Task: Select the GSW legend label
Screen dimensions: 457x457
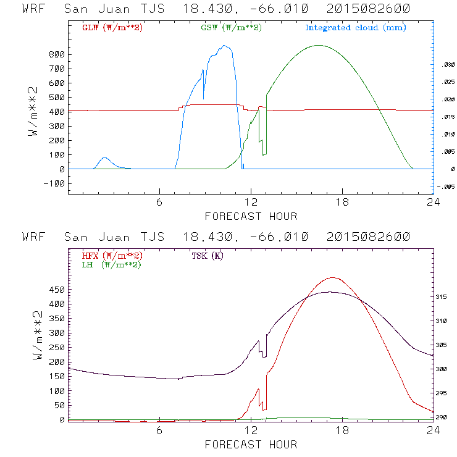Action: pos(230,28)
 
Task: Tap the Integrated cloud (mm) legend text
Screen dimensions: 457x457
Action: pos(355,28)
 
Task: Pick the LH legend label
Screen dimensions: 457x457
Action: pos(112,264)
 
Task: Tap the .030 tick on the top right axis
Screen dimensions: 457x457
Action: pos(445,64)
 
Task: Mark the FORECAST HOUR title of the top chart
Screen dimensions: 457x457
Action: pos(250,216)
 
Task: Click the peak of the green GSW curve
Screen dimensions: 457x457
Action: pos(318,45)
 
